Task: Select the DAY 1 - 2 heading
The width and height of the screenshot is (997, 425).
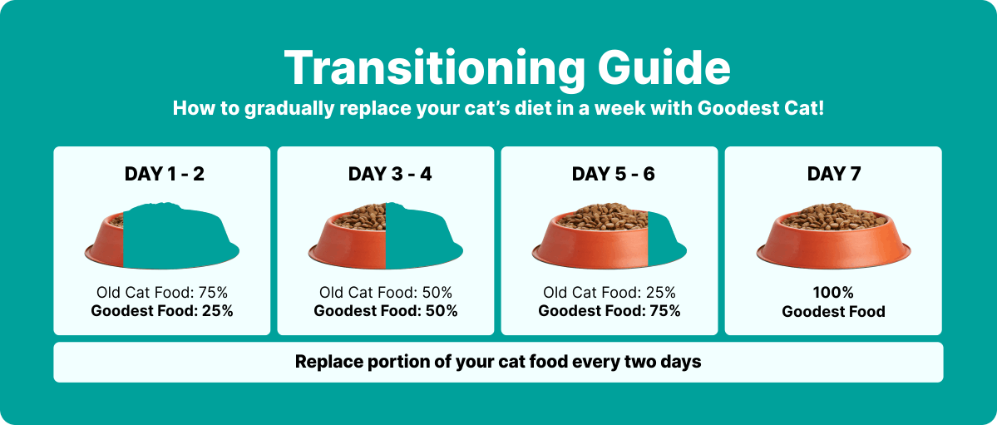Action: (165, 174)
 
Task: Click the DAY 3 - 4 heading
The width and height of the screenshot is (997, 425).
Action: (390, 174)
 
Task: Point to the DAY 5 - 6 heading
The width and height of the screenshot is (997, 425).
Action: (613, 174)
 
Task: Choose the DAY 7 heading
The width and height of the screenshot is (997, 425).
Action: (833, 174)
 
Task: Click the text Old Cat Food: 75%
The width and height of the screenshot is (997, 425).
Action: (162, 293)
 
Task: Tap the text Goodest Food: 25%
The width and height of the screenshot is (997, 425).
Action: (162, 311)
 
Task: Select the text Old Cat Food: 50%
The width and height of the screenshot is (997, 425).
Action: (386, 293)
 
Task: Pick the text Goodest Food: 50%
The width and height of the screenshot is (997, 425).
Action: (386, 311)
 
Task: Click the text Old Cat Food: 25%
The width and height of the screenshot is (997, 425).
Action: (610, 293)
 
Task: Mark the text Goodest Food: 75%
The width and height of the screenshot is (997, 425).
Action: (610, 311)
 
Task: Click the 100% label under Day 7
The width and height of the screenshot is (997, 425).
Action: (833, 293)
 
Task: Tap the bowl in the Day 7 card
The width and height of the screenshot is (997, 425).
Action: (833, 235)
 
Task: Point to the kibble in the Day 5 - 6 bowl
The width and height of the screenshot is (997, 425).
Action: (604, 216)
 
